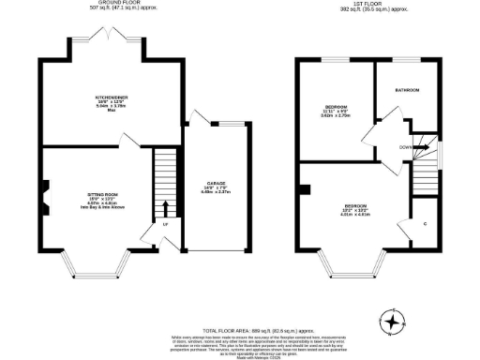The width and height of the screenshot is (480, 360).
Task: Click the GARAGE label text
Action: click(x=216, y=185)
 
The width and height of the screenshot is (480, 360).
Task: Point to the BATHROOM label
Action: click(x=407, y=90)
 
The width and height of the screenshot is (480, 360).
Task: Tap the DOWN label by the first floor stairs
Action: click(x=406, y=146)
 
